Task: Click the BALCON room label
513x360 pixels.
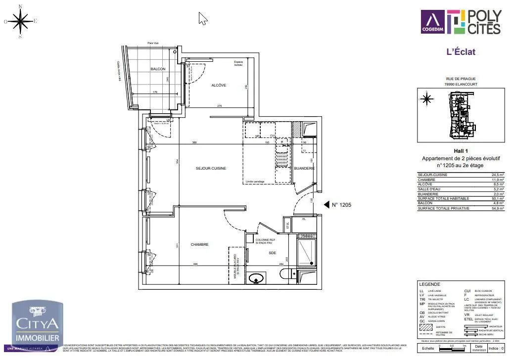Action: click(x=158, y=69)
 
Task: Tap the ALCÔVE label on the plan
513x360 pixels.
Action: click(x=219, y=85)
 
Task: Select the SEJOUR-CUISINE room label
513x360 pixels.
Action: click(x=211, y=169)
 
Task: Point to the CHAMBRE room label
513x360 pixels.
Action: click(x=199, y=244)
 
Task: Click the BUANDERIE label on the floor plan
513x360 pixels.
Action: click(x=304, y=169)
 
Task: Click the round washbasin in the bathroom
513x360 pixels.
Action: click(x=256, y=279)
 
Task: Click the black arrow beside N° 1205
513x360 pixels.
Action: click(x=326, y=204)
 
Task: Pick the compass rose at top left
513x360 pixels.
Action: click(x=21, y=21)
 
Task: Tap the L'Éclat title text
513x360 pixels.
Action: click(x=461, y=51)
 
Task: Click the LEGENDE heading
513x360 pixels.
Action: click(x=429, y=284)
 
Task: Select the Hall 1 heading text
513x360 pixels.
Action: click(x=461, y=151)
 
